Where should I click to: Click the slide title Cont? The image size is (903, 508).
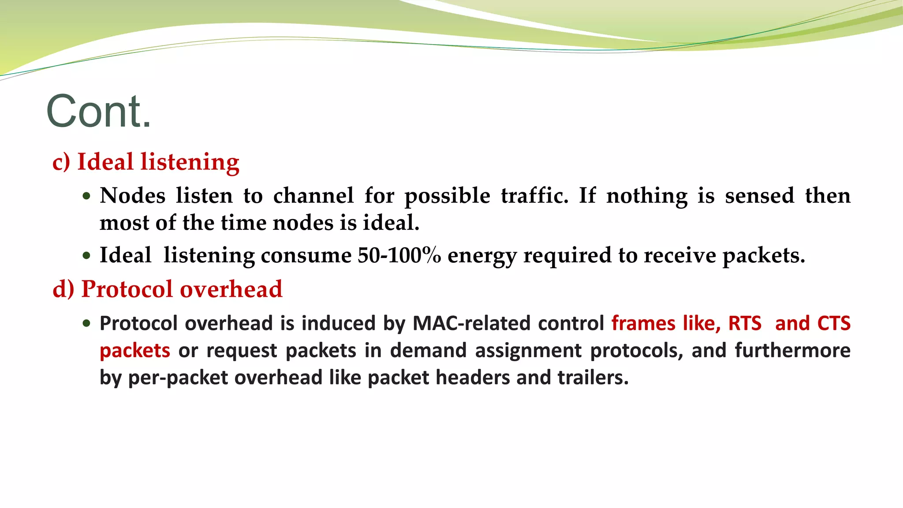point(99,111)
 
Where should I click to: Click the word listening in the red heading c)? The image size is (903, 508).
point(190,162)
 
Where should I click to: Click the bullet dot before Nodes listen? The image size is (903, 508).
point(86,196)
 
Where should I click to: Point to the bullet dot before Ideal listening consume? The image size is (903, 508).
point(86,255)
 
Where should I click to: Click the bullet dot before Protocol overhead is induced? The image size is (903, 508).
point(86,323)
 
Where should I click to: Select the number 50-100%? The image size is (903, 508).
point(399,255)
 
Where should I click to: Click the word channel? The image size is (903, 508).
point(313,196)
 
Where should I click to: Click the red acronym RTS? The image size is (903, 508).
point(745,323)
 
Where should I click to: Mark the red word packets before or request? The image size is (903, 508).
point(135,351)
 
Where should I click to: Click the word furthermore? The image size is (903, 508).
point(792,351)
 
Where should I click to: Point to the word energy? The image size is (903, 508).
point(482,256)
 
